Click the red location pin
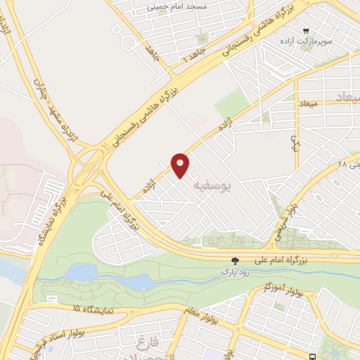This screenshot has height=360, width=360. pyautogui.click(x=181, y=165)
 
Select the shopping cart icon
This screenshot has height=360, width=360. pyautogui.click(x=306, y=30)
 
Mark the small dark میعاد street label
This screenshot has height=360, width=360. pyautogui.click(x=309, y=103)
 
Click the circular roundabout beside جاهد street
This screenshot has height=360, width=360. pyautogui.click(x=131, y=41)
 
